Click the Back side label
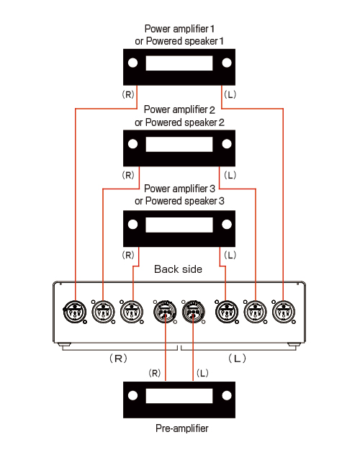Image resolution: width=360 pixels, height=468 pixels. (179, 269)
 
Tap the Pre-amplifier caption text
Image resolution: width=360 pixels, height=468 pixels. (181, 428)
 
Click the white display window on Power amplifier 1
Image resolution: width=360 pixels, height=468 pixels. (179, 63)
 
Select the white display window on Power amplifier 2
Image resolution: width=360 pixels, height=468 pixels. (179, 144)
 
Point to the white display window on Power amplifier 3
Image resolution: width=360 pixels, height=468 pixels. (179, 225)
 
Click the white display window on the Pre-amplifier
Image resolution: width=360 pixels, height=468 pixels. (179, 396)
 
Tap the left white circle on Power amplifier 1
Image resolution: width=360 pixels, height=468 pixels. (132, 63)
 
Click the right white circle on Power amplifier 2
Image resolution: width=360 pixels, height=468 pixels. (227, 144)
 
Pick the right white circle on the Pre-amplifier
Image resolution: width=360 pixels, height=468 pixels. (227, 396)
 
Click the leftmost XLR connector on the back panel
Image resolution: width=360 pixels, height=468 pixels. (75, 312)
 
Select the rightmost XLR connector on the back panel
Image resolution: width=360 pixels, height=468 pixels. (284, 312)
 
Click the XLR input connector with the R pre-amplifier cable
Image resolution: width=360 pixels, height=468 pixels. (165, 312)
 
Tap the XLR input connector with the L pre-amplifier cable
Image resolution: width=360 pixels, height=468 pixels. (194, 312)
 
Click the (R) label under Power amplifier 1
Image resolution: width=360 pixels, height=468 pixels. (128, 94)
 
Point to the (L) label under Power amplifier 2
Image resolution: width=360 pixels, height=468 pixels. (230, 175)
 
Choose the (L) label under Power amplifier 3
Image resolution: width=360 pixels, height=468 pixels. (230, 256)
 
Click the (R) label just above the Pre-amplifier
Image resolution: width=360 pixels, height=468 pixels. (155, 373)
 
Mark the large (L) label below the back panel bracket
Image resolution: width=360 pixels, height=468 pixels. (238, 358)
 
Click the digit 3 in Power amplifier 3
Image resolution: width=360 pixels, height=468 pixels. (212, 189)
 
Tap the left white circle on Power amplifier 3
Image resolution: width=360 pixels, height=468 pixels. (132, 225)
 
